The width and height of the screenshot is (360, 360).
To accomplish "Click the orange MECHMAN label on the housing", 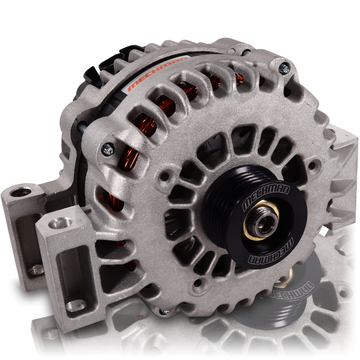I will pyautogui.click(x=157, y=73).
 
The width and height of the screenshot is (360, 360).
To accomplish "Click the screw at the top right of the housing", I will pyautogui.click(x=284, y=68).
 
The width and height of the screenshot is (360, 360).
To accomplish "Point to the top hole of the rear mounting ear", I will pyautogui.click(x=21, y=193).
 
